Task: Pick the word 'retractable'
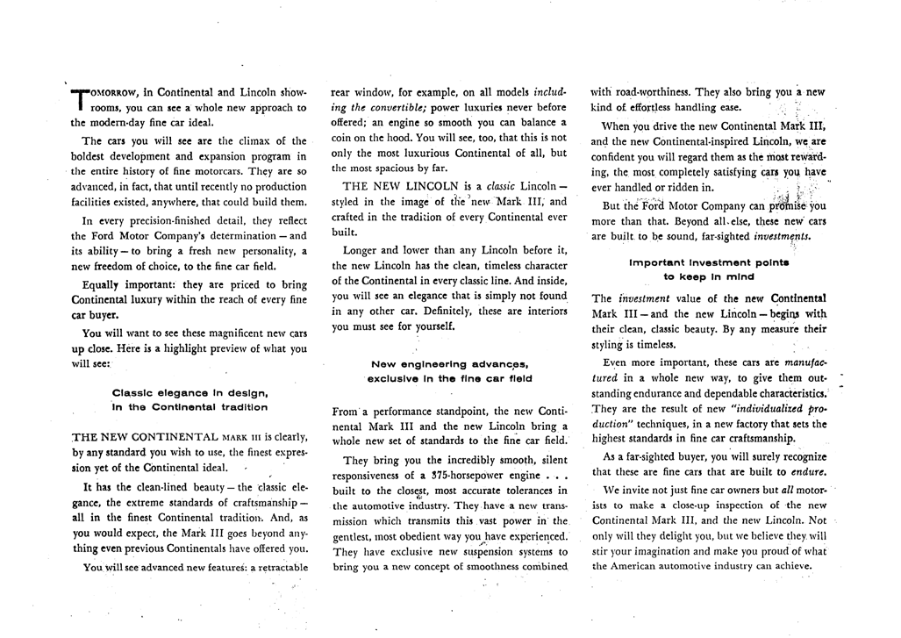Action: pos(279,567)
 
